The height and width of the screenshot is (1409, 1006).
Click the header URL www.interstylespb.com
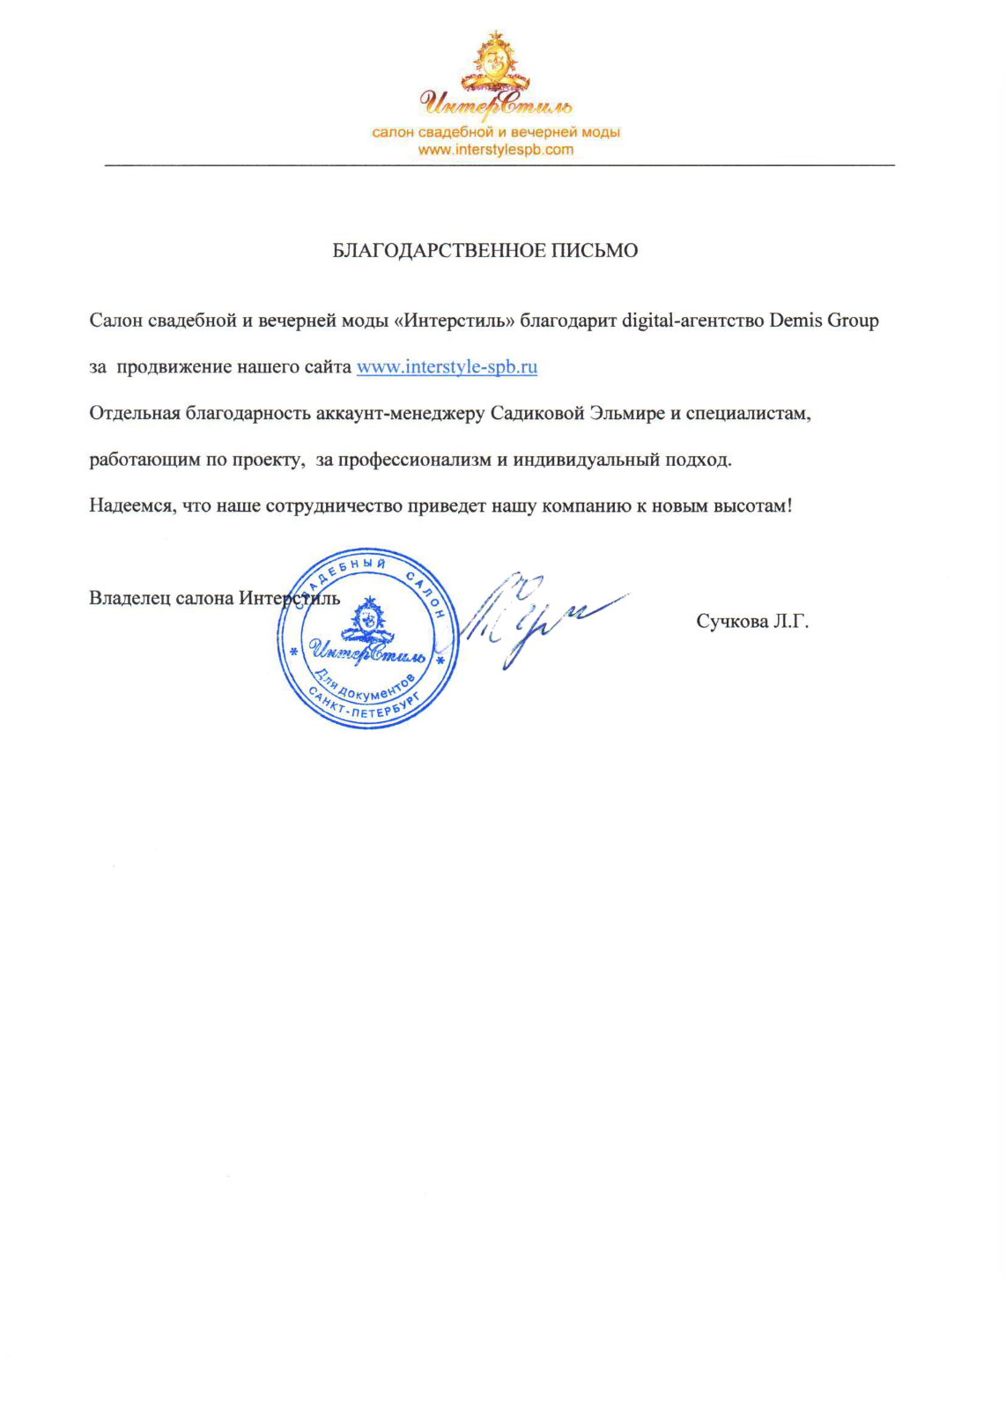495,150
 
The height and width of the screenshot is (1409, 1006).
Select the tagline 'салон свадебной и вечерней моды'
495,132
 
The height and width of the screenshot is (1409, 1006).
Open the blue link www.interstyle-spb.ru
447,367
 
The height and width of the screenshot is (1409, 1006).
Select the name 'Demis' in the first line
795,321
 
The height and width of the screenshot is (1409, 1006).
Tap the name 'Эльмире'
627,414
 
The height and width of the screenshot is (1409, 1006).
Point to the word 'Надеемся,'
131,506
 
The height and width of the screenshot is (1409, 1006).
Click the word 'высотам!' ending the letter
752,506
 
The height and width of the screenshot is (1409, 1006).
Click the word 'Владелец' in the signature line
129,599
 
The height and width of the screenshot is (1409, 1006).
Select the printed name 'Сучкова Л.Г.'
752,622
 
